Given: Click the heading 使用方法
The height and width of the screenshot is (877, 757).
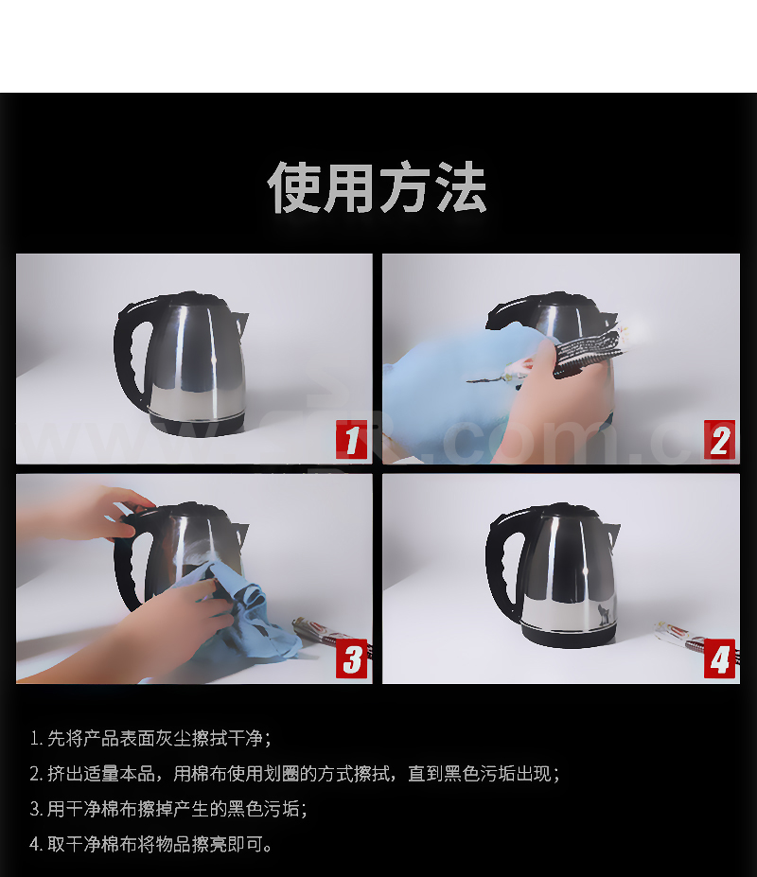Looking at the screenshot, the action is pos(378,187).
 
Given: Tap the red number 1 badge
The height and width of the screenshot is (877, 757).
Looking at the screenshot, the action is pos(351,440).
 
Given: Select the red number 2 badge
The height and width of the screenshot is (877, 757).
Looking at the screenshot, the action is pos(719,440).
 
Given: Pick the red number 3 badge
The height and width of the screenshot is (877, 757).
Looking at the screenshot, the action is pos(351,658).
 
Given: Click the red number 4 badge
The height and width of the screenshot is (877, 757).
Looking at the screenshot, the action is pos(719,658).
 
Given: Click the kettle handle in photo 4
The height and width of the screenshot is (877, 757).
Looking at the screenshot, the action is pos(498,565).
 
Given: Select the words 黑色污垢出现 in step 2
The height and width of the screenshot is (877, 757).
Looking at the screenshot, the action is pos(497,774).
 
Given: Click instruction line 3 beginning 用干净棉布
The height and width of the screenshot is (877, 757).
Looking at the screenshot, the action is pos(168,809).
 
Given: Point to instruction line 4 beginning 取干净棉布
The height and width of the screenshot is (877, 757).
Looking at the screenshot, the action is pos(151,844).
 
